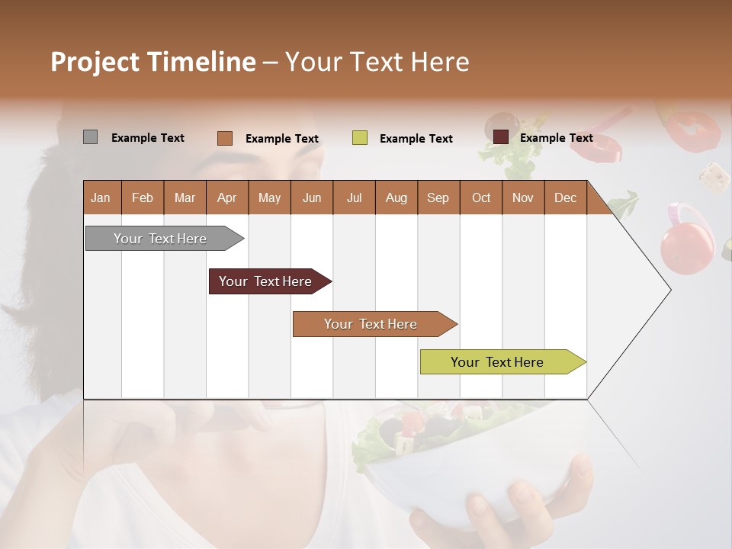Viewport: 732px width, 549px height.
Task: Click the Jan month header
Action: point(101,197)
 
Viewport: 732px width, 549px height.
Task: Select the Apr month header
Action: point(226,197)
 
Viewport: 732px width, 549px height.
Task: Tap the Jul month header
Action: point(354,197)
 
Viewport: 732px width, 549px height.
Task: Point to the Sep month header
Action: point(438,197)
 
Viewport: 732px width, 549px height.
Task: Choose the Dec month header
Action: point(565,197)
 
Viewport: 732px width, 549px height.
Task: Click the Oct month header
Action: point(480,197)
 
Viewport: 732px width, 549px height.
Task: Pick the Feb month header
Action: point(143,197)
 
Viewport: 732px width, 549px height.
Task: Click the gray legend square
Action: point(90,137)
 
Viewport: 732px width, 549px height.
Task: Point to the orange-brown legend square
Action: point(224,138)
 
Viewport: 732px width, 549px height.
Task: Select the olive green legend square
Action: point(360,138)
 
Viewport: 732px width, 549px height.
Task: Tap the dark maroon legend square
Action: point(500,137)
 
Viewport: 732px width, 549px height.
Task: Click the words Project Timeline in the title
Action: point(152,62)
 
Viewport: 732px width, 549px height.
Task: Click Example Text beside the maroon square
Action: point(556,138)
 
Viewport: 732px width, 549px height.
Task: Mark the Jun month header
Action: point(311,197)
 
